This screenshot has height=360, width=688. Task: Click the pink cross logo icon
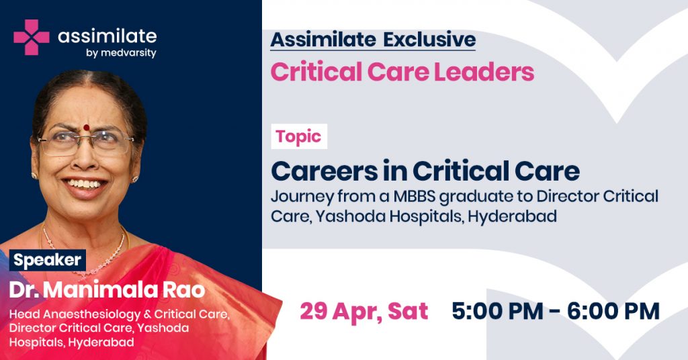[31, 37]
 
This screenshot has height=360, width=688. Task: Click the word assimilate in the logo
[107, 36]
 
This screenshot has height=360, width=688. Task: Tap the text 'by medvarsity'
[121, 54]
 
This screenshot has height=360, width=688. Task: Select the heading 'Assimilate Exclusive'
[373, 40]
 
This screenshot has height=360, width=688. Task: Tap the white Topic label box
[299, 136]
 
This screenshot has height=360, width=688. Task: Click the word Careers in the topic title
[325, 171]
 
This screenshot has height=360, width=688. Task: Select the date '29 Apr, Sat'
[363, 312]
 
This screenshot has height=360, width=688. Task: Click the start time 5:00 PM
[498, 312]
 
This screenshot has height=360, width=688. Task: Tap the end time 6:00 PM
[613, 312]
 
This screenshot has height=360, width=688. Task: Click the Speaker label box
[48, 260]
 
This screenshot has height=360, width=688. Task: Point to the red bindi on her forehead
[87, 128]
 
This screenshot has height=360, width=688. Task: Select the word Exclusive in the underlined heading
[429, 40]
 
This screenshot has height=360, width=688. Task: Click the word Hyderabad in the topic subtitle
[513, 217]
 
